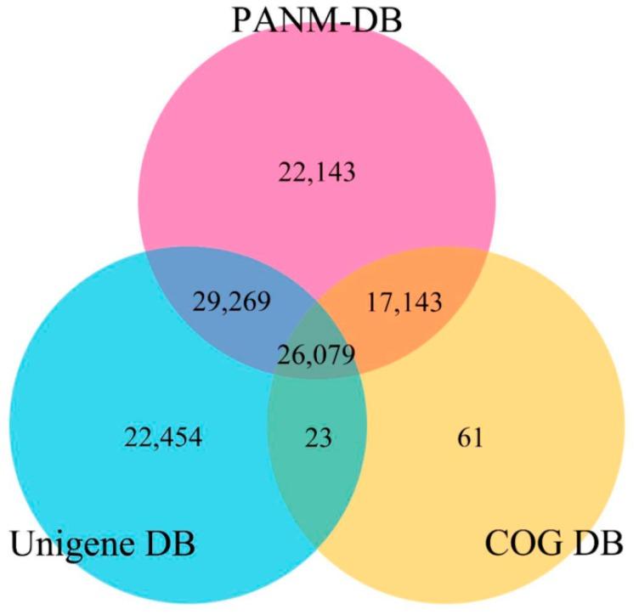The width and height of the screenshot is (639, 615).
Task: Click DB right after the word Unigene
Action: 169,541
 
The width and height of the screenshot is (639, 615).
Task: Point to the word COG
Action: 521,541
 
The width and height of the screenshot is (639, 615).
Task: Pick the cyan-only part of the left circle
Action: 110,382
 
